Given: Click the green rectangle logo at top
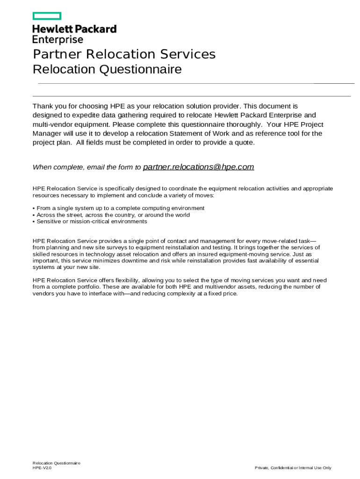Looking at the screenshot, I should click(x=47, y=16).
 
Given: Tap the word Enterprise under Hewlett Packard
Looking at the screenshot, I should click(x=58, y=40).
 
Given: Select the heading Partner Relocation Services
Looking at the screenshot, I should click(x=124, y=54).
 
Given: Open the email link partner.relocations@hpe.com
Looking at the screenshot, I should click(x=198, y=167).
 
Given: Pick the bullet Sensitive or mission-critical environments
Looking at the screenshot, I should click(x=92, y=222).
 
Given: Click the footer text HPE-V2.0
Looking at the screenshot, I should click(x=42, y=468).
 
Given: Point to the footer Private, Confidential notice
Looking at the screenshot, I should click(x=293, y=468).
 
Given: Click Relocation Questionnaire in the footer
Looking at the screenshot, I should click(x=57, y=463).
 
